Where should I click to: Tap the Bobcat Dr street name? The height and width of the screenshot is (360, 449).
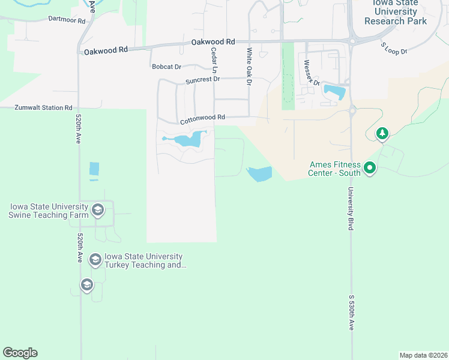(x=166, y=67)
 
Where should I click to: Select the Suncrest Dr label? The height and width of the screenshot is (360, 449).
(x=202, y=79)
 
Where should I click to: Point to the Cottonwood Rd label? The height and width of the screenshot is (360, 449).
(x=202, y=118)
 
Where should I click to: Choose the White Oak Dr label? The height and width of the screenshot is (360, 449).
(x=248, y=65)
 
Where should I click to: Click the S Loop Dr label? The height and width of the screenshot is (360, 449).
(x=394, y=48)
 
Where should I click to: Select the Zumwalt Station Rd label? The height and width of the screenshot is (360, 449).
(x=40, y=107)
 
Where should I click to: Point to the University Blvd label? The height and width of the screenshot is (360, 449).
(x=350, y=208)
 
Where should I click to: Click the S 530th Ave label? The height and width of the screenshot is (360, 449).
(x=352, y=312)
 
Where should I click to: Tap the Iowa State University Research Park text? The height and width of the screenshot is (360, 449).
(x=395, y=12)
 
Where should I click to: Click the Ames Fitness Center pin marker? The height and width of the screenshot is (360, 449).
(x=370, y=168)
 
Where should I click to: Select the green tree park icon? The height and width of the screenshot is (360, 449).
(x=382, y=133)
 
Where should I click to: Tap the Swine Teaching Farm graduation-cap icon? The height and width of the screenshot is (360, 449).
(x=98, y=211)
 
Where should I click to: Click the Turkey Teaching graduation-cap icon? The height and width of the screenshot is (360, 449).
(x=95, y=260)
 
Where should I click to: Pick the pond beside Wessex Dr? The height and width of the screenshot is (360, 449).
(x=334, y=92)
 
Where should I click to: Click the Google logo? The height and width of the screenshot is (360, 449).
(x=20, y=353)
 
